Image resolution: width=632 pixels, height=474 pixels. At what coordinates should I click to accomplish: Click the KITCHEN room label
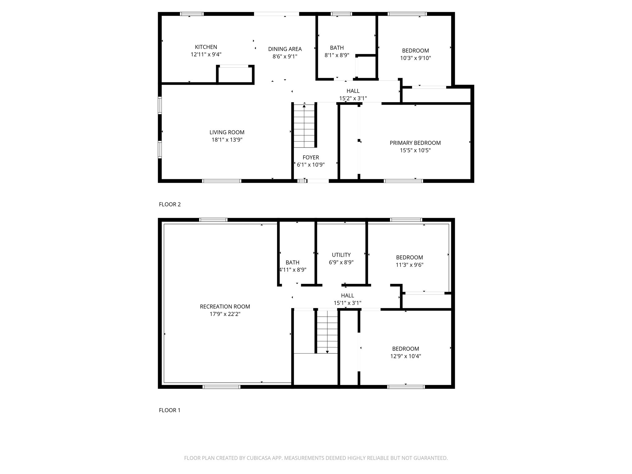tap(206, 47)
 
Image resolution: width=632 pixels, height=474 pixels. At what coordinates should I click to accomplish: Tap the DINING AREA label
tap(285, 49)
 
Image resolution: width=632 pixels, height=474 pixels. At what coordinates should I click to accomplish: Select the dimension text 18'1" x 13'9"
tap(227, 140)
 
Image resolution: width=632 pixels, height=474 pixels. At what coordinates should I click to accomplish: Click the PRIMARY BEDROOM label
tap(415, 143)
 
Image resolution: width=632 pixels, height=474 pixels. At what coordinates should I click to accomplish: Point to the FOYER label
tap(311, 157)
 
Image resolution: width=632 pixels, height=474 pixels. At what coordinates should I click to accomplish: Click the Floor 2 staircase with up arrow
tap(304, 126)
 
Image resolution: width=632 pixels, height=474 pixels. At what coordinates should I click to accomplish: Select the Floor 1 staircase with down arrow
tap(327, 332)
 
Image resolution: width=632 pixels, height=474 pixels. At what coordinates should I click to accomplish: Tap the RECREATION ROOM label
tap(225, 306)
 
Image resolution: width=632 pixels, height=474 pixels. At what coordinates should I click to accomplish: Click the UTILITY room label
tap(341, 255)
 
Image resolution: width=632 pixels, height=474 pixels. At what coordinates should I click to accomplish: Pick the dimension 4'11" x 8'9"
tap(293, 270)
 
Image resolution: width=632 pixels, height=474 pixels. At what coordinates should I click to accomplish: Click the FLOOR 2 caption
tap(170, 204)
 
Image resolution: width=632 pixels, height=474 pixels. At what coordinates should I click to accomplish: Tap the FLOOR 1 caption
tap(170, 410)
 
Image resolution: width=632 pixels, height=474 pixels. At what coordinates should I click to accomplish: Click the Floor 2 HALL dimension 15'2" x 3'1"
tap(353, 98)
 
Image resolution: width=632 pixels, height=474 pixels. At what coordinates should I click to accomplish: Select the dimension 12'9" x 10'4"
tap(405, 356)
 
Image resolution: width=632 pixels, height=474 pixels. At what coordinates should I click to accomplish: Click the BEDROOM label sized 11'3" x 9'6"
tap(410, 257)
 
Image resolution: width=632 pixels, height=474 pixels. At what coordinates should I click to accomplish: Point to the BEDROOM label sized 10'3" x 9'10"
tap(415, 51)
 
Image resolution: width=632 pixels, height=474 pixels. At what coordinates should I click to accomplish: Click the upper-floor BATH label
tap(337, 48)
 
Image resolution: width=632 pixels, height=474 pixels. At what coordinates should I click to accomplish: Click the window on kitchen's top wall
tap(192, 14)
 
